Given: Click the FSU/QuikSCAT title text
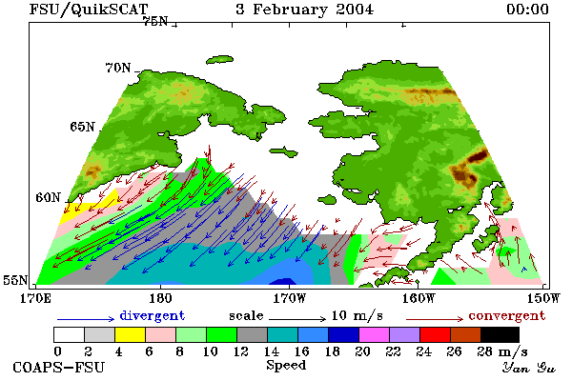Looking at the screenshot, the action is click(89, 10).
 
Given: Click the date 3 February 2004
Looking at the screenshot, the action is click(305, 10).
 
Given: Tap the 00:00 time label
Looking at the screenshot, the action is click(527, 10).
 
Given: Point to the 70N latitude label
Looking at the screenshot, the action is click(118, 68).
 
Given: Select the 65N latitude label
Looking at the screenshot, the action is click(82, 127).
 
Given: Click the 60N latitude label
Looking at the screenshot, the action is click(48, 197).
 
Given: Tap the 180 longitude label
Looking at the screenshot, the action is click(160, 298).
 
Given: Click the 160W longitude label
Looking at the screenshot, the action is click(419, 298).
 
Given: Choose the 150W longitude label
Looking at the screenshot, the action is click(543, 298).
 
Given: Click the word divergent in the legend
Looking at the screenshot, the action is click(153, 315).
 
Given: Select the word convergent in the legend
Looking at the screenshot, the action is click(507, 315).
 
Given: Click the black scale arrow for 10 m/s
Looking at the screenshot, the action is click(297, 319).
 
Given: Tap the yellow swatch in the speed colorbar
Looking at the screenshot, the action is click(131, 334).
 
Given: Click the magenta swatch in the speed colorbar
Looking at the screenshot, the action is click(375, 334).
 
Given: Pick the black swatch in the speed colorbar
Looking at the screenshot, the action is click(500, 334).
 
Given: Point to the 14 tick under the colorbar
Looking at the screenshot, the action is click(271, 351).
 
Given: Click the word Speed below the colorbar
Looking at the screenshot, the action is click(286, 366).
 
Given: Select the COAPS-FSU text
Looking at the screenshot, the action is click(59, 367).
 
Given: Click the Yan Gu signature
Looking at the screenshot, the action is click(529, 368).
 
